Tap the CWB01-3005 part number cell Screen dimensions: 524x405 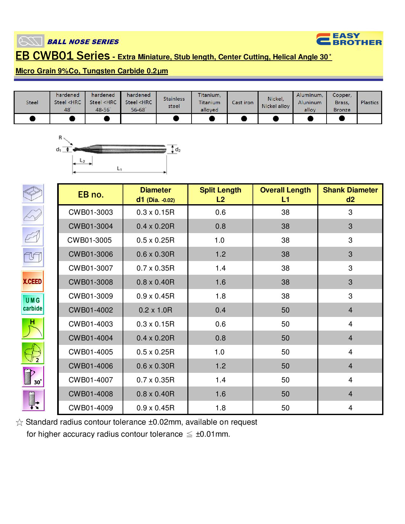click(x=90, y=240)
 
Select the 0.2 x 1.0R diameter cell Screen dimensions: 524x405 click(x=155, y=310)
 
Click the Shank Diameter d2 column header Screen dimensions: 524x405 click(x=350, y=194)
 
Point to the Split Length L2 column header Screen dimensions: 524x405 click(x=220, y=194)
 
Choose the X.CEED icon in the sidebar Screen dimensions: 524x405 click(x=32, y=281)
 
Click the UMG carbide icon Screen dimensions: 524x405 click(x=32, y=304)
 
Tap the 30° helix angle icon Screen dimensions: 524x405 click(x=33, y=377)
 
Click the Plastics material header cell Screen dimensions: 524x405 click(x=369, y=103)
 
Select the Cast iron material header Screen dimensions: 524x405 click(x=243, y=103)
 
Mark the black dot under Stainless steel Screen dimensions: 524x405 click(x=176, y=118)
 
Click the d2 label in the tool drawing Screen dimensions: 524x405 click(x=178, y=150)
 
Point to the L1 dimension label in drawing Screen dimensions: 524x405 click(x=119, y=169)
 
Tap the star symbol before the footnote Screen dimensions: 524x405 click(x=19, y=423)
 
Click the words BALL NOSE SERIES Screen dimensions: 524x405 click(x=83, y=42)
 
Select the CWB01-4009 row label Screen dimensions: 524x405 click(x=91, y=408)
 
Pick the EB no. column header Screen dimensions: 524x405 click(x=91, y=195)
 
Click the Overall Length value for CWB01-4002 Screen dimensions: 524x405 click(x=285, y=310)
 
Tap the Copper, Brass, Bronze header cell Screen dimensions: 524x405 click(x=342, y=103)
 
